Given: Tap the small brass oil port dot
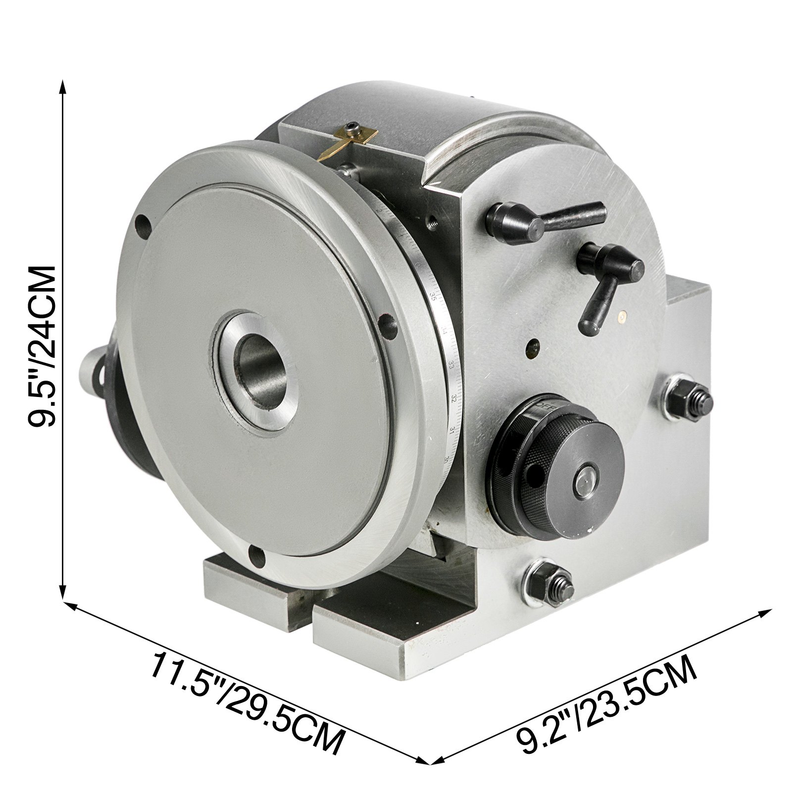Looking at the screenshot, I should [x=622, y=313].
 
